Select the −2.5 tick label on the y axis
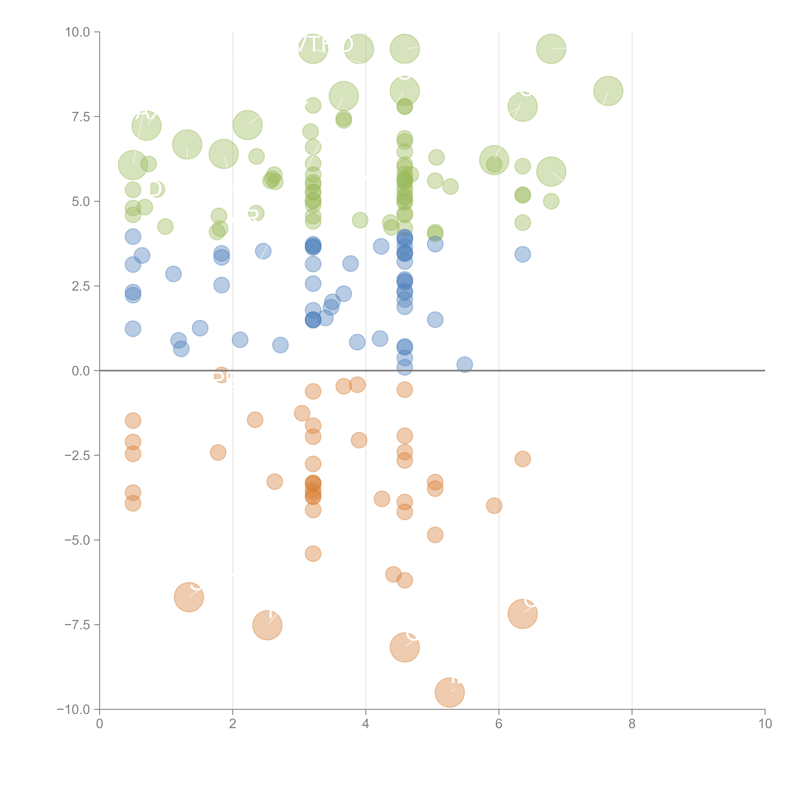point(77,455)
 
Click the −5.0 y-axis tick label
point(77,540)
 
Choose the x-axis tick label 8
point(632,724)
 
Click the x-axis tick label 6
point(499,724)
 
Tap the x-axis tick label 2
point(233,724)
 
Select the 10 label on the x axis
point(765,724)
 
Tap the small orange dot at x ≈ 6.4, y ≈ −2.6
point(523,459)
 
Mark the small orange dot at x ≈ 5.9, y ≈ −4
point(494,505)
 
